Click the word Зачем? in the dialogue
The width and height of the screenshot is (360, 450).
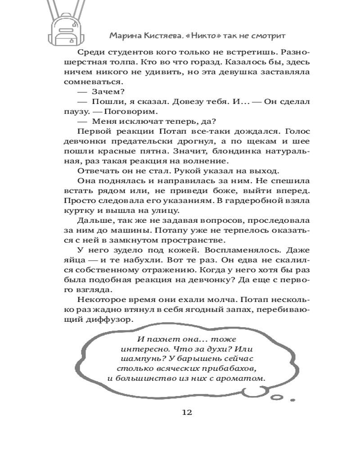click(x=106, y=91)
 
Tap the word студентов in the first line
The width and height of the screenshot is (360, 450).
click(x=124, y=52)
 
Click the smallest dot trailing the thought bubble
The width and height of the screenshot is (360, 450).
click(x=292, y=400)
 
